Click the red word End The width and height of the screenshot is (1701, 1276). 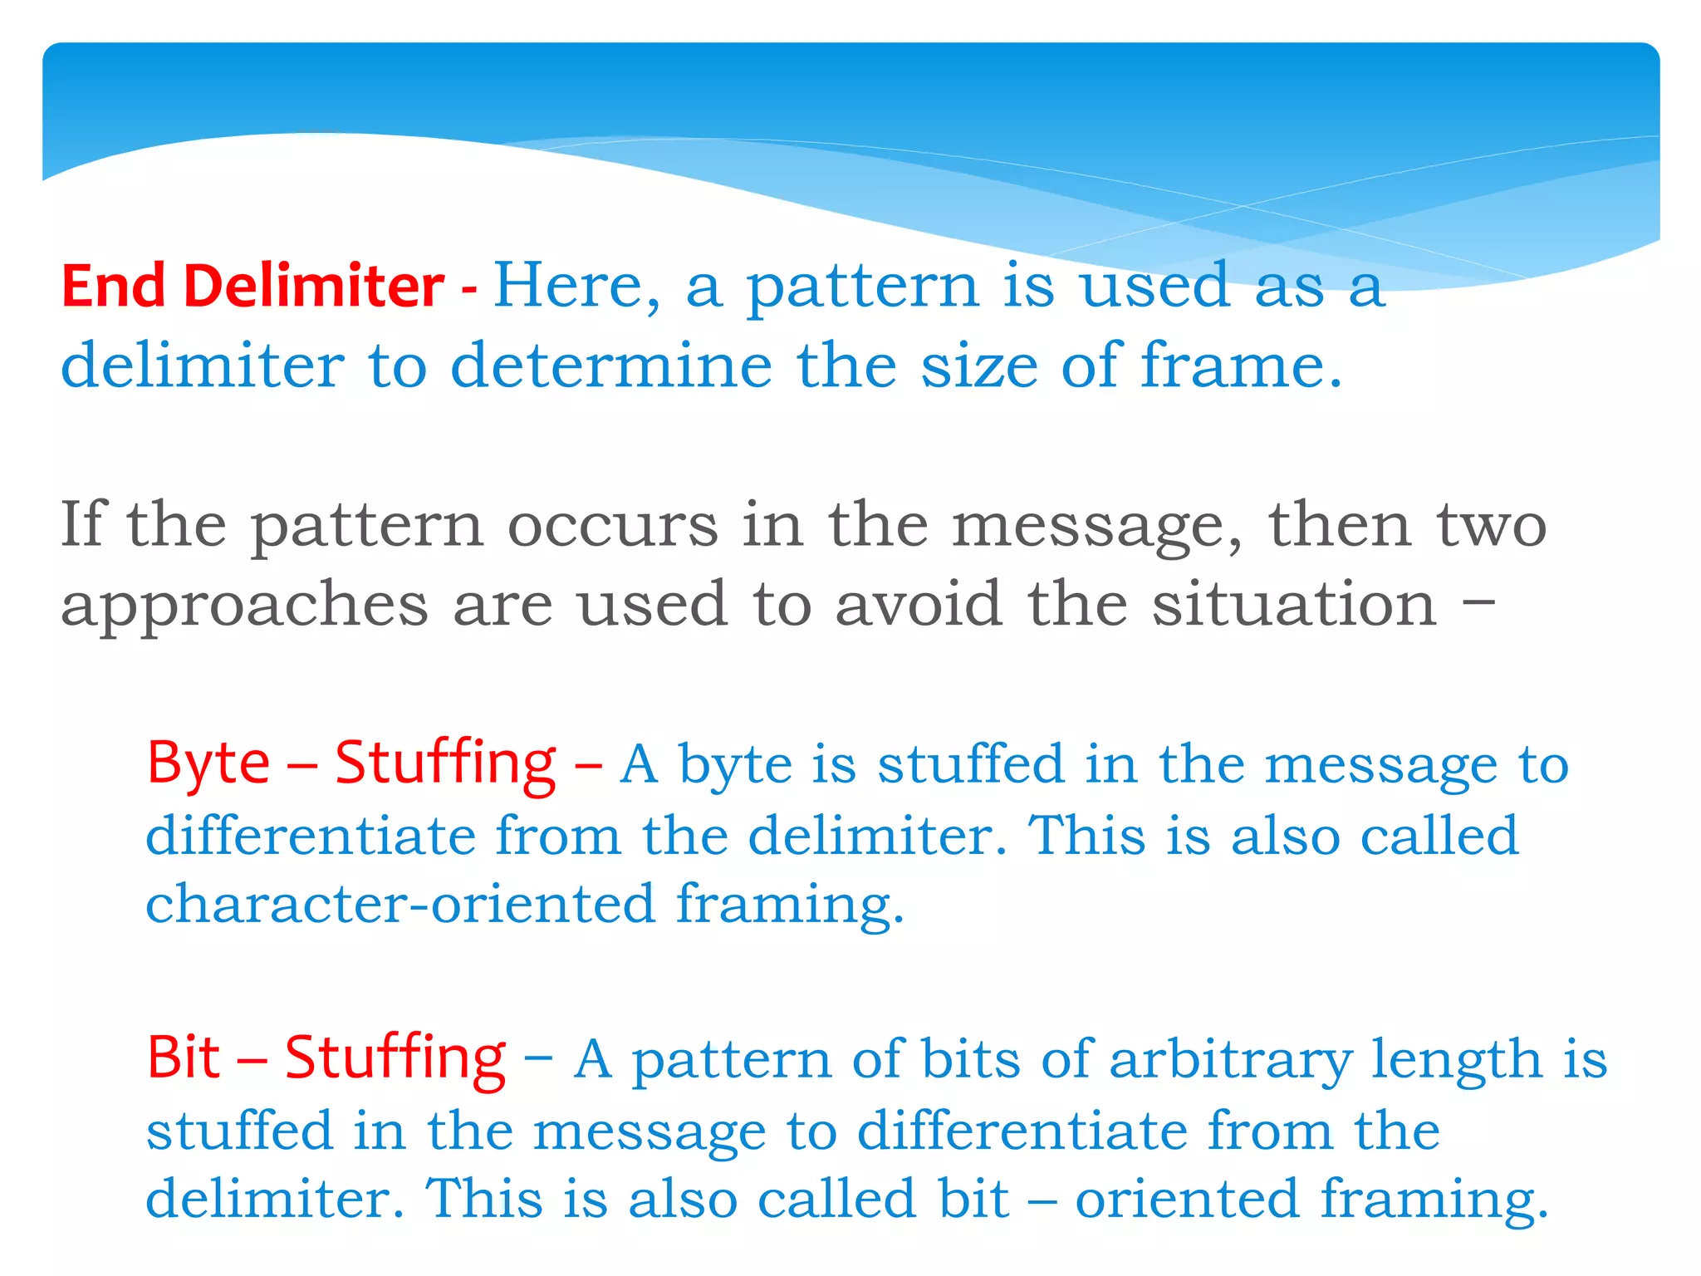(x=113, y=286)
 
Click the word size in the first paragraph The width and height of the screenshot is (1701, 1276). (x=979, y=366)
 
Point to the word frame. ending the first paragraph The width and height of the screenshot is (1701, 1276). (x=1240, y=366)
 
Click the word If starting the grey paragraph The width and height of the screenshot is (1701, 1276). (x=82, y=525)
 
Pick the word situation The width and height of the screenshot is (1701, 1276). (x=1293, y=605)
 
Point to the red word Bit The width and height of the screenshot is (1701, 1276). (x=184, y=1058)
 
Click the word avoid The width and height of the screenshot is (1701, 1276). (x=918, y=605)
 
